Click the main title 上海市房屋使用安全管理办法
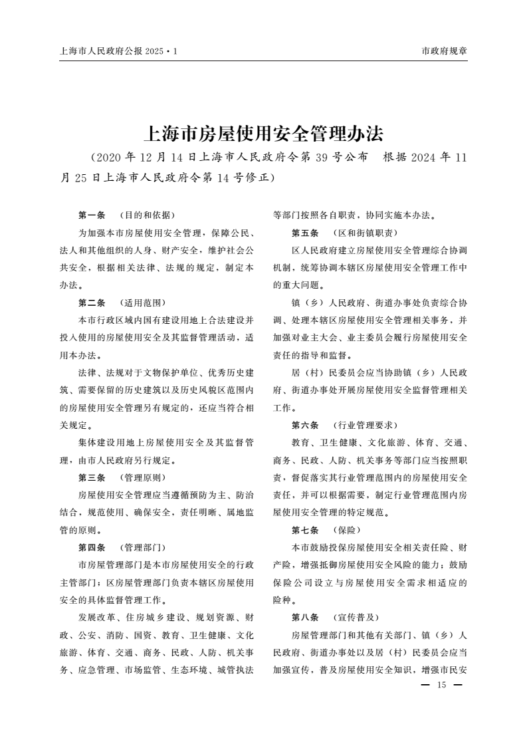[x=263, y=134]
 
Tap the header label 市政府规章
[x=445, y=51]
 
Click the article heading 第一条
[x=92, y=215]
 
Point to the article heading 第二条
[x=92, y=303]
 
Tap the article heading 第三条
[x=92, y=477]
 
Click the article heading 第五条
[x=305, y=233]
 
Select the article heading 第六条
[x=305, y=425]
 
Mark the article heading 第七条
[x=305, y=530]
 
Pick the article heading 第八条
[x=305, y=617]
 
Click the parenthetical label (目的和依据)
[x=146, y=215]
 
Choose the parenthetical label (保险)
[x=346, y=530]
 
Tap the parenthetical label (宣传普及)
[x=355, y=617]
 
